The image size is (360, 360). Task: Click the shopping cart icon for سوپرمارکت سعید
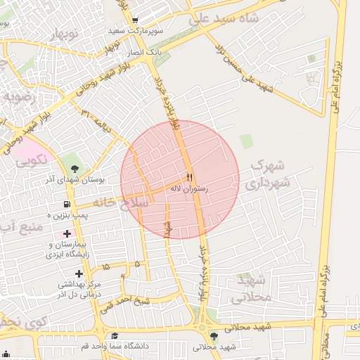[x=135, y=20]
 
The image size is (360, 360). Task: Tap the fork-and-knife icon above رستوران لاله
[x=189, y=175]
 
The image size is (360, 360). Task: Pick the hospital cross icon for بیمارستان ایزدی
[x=67, y=233]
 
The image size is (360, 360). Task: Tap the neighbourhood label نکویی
[x=32, y=159]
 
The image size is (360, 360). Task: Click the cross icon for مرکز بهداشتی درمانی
[x=79, y=273]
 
